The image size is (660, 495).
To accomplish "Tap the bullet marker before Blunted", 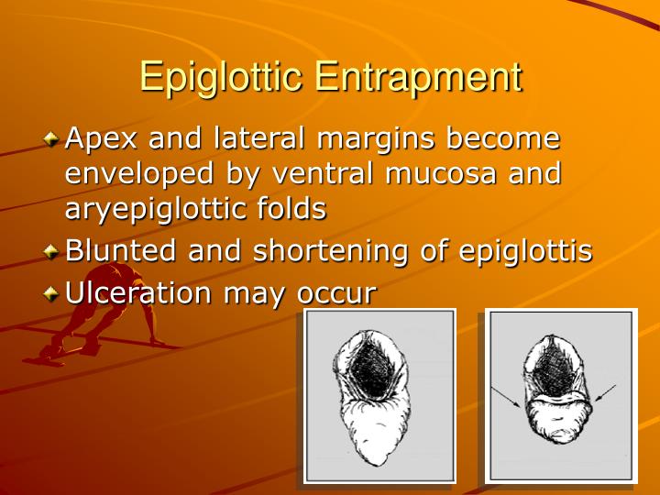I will (x=50, y=251).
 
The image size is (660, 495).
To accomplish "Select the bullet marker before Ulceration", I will (x=50, y=294).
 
